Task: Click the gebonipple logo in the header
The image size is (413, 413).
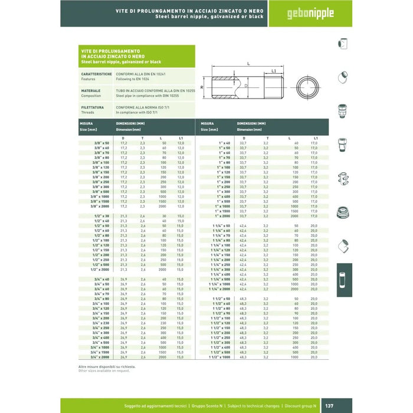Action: click(310, 13)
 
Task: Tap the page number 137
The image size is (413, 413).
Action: click(346, 406)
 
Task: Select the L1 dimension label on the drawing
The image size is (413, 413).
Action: click(274, 71)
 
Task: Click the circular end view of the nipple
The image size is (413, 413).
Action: click(307, 90)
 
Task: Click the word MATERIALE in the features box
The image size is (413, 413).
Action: click(90, 90)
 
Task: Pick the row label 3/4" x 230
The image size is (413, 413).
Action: click(100, 323)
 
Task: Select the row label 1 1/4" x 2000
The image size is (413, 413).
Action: click(219, 289)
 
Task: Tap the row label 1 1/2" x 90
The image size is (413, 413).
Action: click(219, 313)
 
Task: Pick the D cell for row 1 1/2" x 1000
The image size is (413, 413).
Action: click(242, 357)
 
